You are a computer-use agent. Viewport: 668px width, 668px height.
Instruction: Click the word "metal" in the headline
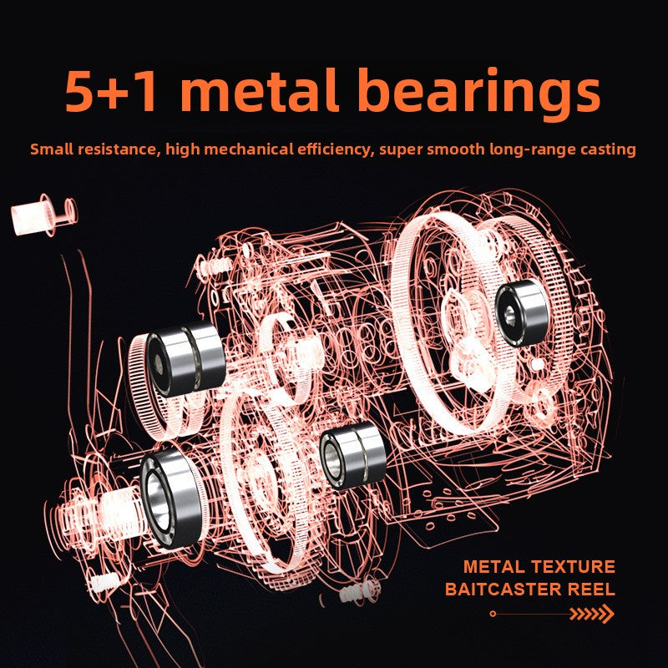coord(260,91)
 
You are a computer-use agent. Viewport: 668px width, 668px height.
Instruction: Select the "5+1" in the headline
coord(111,92)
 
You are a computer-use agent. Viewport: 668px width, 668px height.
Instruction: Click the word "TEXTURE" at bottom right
coord(573,567)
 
